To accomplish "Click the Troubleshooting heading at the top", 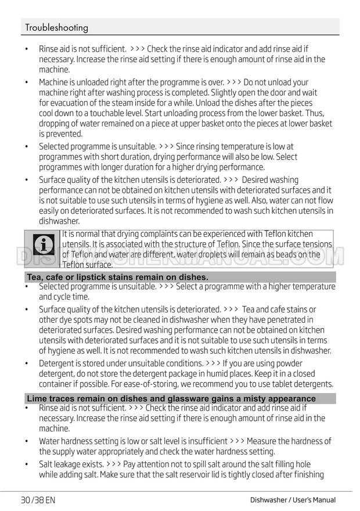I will [57, 27].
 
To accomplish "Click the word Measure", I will [261, 441].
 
